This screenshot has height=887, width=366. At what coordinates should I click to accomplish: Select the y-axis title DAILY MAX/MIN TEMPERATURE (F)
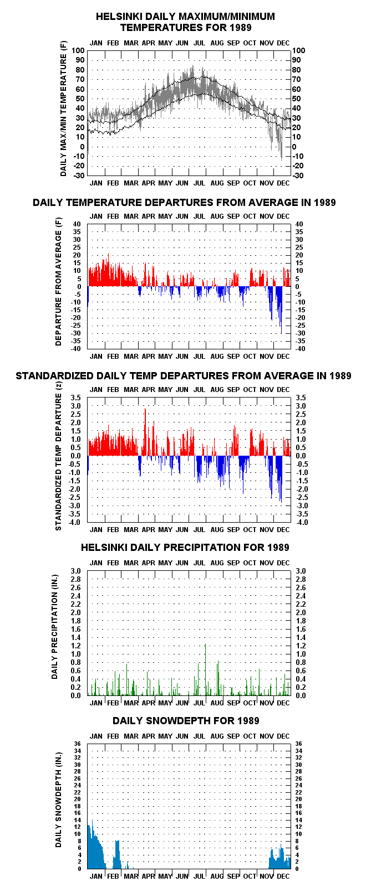63,109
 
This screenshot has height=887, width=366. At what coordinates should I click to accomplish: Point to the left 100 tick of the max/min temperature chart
78,51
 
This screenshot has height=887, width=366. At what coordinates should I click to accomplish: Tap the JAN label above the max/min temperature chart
96,43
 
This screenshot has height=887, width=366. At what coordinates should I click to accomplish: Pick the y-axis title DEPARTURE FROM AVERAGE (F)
59,281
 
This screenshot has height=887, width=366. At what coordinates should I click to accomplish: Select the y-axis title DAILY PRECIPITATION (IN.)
55,627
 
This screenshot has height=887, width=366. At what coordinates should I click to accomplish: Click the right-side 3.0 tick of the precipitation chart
301,571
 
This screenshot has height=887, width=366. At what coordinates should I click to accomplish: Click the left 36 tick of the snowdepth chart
77,744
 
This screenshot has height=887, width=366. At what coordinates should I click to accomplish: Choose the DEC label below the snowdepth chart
283,876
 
